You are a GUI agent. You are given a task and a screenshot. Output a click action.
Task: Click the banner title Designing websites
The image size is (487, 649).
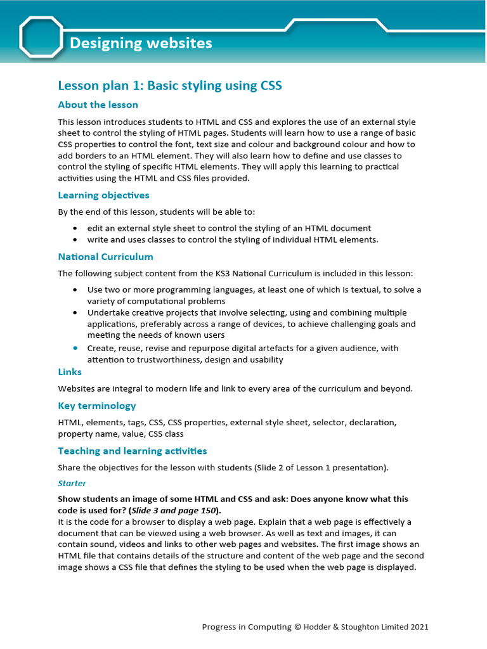coord(141,43)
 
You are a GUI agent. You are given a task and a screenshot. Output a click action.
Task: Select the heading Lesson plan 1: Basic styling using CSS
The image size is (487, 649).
coord(170,86)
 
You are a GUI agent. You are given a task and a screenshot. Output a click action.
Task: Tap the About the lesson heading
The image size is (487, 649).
coord(98,105)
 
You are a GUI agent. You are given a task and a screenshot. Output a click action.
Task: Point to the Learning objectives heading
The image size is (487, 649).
coord(103,195)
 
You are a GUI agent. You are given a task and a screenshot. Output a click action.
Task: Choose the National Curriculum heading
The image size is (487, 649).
coord(105,257)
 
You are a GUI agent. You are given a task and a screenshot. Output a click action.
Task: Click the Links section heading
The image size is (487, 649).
coord(70,372)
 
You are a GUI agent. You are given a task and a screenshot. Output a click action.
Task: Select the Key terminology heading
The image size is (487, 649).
coord(97,406)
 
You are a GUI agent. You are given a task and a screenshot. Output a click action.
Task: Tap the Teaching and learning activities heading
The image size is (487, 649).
coord(133,451)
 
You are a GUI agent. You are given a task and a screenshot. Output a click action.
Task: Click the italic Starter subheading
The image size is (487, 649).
coord(72,483)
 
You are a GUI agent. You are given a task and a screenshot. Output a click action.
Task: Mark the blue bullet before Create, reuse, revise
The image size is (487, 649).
coord(75,348)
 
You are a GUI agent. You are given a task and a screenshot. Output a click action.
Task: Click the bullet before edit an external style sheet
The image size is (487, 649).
coord(75,228)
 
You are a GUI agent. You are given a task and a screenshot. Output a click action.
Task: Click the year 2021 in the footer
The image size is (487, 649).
coord(419,627)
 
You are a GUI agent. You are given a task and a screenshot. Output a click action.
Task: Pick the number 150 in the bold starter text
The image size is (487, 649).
coord(206,511)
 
